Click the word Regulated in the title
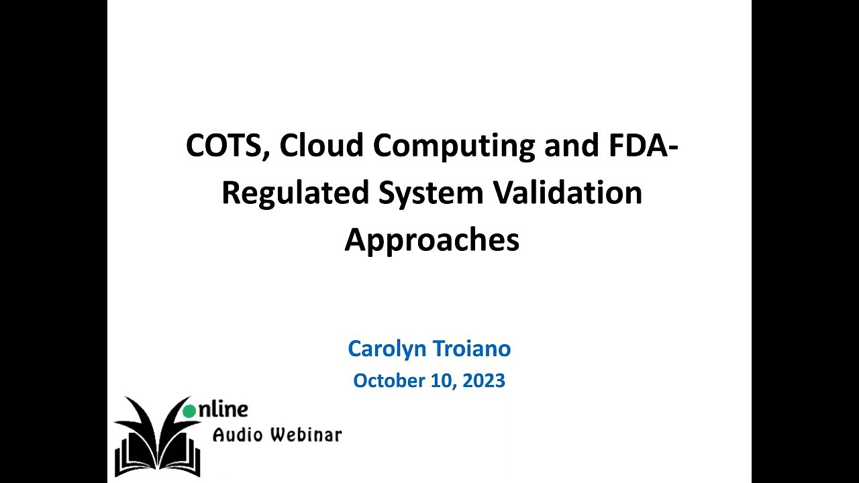[295, 193]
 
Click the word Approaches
[432, 240]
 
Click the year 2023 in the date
[482, 381]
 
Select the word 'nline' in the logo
[223, 409]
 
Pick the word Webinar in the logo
[306, 435]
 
